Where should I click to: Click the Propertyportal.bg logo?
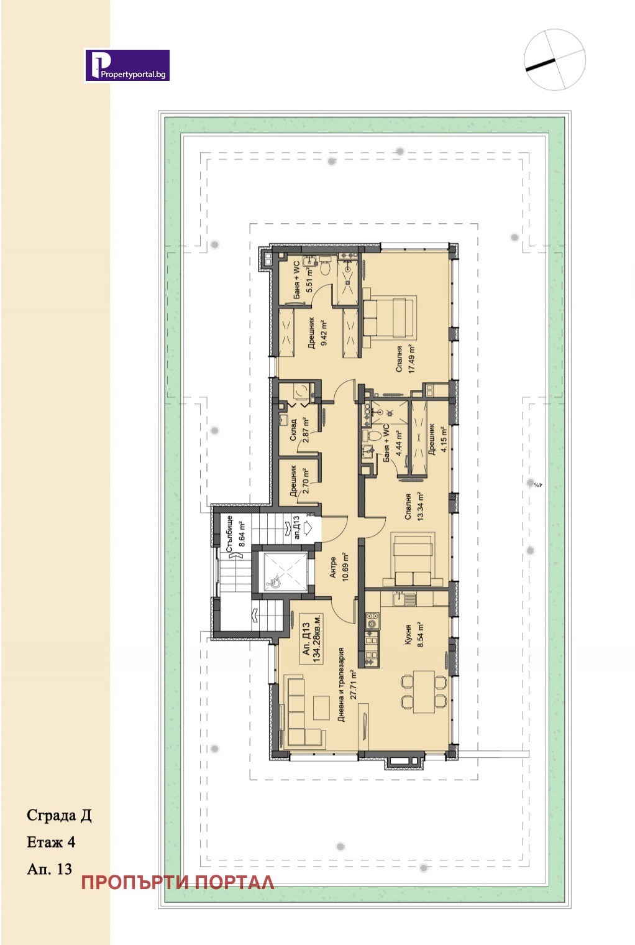tap(127, 65)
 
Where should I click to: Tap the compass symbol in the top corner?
tap(555, 59)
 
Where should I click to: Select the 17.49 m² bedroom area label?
tap(405, 359)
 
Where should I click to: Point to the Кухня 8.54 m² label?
tap(414, 634)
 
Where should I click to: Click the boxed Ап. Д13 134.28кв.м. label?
tap(311, 638)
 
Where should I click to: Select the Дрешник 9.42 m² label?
tap(317, 333)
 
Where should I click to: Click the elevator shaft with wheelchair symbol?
tap(283, 569)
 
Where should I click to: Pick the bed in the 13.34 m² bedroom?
tap(413, 560)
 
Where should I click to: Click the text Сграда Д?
tap(59, 816)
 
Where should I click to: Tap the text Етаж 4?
tap(51, 842)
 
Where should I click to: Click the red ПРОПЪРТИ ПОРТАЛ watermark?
tap(178, 883)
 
